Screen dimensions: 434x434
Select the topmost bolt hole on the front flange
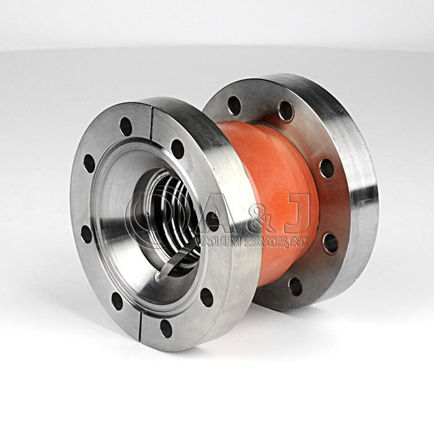tap(126, 126)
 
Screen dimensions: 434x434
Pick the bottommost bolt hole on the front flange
tap(166, 328)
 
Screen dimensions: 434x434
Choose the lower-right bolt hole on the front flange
tap(206, 297)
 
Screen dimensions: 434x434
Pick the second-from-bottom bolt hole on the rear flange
tap(330, 242)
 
